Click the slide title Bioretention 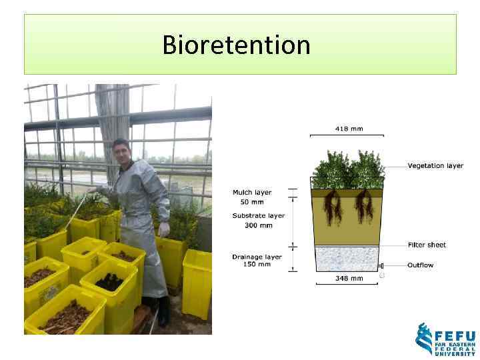[x=237, y=45]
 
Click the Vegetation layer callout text [x=435, y=166]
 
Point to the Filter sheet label [x=427, y=245]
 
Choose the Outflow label [x=421, y=265]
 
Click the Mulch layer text [x=252, y=193]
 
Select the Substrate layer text [x=258, y=215]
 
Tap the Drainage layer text [x=257, y=256]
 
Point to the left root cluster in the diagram [x=332, y=207]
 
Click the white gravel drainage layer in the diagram [x=347, y=258]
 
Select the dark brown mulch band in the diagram [x=347, y=193]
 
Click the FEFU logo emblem [x=424, y=339]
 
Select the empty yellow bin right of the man [x=197, y=280]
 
